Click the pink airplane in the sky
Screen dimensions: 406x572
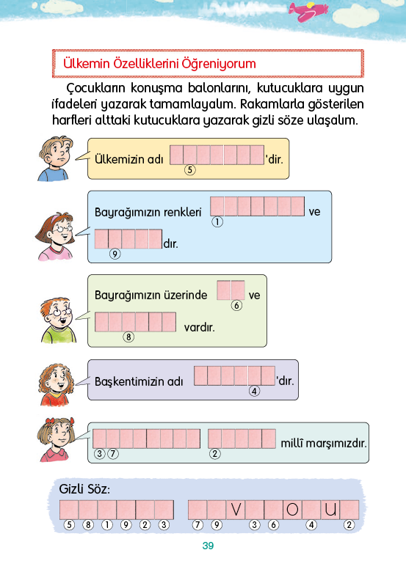click(308, 10)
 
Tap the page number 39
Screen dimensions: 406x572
click(208, 546)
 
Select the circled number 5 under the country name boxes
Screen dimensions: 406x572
click(190, 169)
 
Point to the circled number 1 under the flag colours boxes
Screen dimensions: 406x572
click(217, 221)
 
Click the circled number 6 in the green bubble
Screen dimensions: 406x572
click(236, 305)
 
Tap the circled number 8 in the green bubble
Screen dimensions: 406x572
click(128, 337)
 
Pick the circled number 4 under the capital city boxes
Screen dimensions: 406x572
click(255, 392)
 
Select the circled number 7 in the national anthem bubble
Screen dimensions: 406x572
click(113, 454)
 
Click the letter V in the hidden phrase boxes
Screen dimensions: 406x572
click(236, 510)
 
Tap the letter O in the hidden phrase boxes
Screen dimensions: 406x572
click(292, 510)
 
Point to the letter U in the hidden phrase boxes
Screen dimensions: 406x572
click(330, 510)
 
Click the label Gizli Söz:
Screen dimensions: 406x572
click(84, 489)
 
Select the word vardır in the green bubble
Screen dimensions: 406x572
click(200, 327)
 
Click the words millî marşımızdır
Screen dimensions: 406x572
click(324, 443)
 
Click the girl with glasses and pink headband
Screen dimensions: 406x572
click(56, 236)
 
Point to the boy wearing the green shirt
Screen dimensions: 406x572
click(58, 320)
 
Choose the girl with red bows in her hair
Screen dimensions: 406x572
click(56, 439)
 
